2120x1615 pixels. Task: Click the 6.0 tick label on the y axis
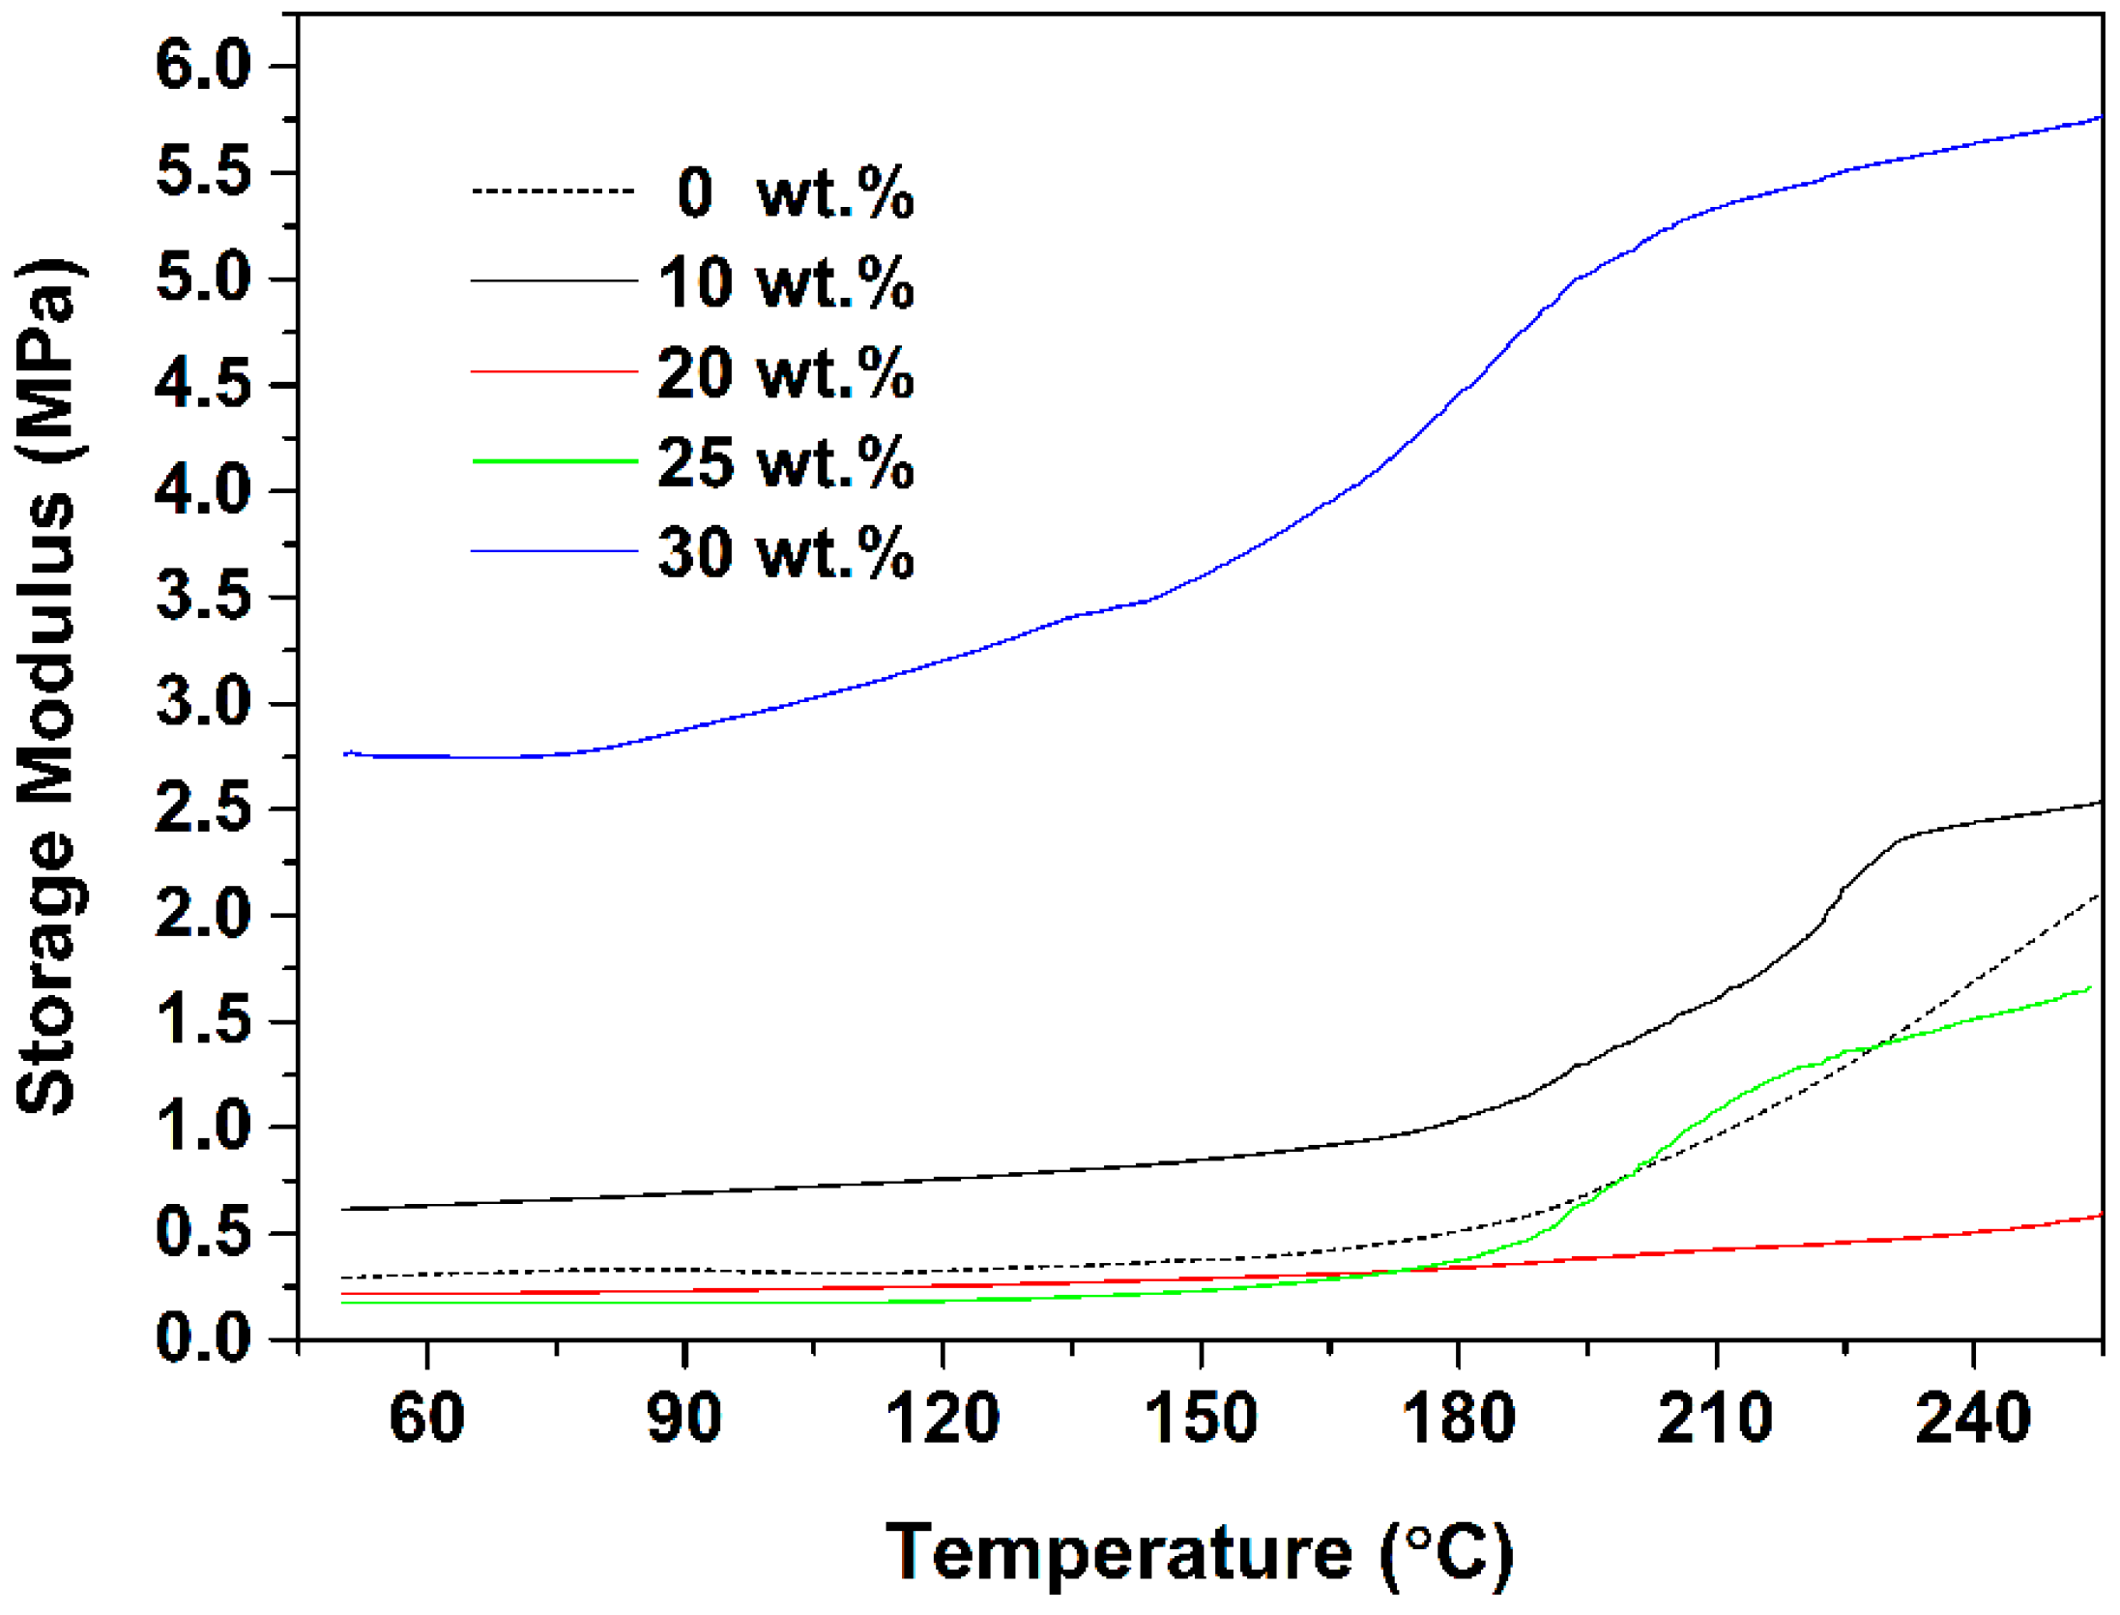tap(203, 67)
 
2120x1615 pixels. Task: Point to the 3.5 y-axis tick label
tap(203, 597)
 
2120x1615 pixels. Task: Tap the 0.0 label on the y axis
tap(203, 1339)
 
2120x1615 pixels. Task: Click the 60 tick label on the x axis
tap(426, 1418)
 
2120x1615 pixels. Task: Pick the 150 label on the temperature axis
tap(1201, 1418)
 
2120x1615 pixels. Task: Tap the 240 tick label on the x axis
tap(1973, 1418)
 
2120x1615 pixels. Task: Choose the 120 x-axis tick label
tap(943, 1418)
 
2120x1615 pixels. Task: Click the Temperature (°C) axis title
tap(1200, 1552)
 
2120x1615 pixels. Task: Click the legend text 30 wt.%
tap(786, 553)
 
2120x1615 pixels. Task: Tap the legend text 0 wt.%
tap(795, 192)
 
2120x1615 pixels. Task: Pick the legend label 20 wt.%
tap(786, 372)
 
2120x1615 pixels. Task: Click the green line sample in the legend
tap(554, 461)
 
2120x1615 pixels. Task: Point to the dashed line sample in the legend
tap(554, 191)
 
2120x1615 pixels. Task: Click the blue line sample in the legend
tap(554, 551)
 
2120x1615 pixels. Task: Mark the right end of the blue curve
tap(2100, 117)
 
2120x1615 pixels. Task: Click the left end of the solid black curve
tap(343, 1209)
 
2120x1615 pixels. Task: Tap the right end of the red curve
tap(2100, 1216)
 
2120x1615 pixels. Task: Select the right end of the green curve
tap(2089, 987)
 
